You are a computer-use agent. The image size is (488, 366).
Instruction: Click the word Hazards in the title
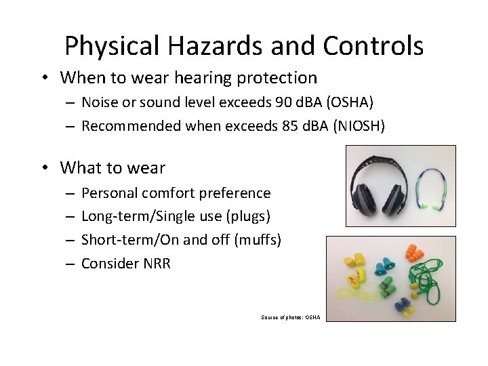click(x=207, y=45)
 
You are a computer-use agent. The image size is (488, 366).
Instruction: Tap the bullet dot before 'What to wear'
click(x=46, y=167)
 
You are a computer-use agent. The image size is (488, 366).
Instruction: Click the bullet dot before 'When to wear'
click(x=46, y=77)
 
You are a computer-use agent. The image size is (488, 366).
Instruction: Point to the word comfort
click(x=169, y=193)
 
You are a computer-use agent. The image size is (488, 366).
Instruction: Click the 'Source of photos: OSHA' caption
click(x=289, y=317)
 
